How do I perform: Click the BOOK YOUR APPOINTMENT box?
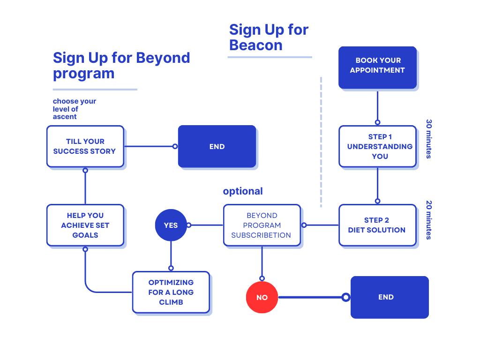377,67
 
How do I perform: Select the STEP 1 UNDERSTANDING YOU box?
377,146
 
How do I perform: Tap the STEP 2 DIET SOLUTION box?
377,225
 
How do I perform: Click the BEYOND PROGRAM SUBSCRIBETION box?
262,225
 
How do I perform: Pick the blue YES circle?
171,225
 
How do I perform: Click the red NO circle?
262,297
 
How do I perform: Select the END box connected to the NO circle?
389,297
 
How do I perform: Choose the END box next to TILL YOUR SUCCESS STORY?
217,146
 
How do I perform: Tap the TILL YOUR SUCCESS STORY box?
85,146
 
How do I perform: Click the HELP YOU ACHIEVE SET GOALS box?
85,225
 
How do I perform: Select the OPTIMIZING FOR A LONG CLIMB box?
171,292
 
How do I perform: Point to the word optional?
243,191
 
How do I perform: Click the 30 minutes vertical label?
428,139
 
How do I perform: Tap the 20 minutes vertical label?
428,220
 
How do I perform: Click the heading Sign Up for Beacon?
269,37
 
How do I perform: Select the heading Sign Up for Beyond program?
121,66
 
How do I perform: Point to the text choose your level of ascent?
74,109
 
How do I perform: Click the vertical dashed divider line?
321,141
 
